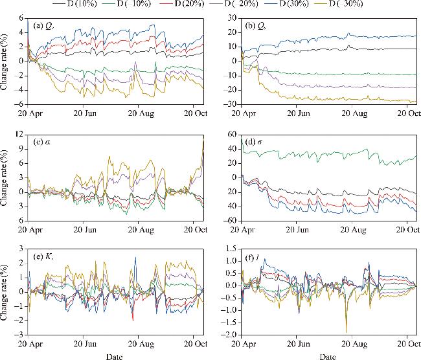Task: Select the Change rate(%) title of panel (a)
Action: (x=6, y=62)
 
